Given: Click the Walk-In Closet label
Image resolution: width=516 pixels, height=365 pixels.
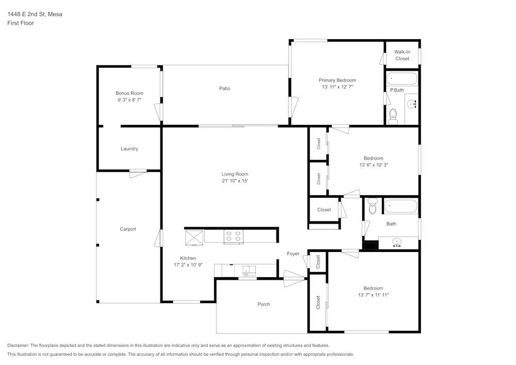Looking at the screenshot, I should coord(402,55).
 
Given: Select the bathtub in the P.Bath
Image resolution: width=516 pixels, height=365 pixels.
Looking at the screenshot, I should coord(402,79).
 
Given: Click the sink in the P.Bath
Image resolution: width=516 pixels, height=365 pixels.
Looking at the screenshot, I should coord(412,105).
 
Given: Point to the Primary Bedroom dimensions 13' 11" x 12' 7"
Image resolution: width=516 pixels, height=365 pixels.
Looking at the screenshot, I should coord(337,87).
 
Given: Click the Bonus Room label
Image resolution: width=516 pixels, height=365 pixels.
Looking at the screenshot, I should coord(129,93).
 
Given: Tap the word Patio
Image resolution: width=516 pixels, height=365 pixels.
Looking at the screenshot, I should coord(224,88).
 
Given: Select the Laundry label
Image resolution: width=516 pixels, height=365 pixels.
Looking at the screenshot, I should coord(129,149).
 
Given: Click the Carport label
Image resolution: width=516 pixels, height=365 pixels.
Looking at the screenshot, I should coord(128,229).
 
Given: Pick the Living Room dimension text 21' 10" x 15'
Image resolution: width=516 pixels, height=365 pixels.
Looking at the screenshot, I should coord(235,181).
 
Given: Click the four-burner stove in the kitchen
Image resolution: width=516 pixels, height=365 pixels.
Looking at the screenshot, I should coord(233,236).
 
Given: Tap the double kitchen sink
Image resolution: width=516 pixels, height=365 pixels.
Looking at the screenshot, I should coord(249,269).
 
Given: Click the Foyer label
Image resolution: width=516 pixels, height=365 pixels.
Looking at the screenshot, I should coord(293,253).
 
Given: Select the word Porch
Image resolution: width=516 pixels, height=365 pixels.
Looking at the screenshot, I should coord(264,304).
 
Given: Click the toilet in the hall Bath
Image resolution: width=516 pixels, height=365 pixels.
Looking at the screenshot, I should coord(373,207).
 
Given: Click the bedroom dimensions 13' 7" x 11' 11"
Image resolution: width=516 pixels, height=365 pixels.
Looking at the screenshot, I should coord(373,295).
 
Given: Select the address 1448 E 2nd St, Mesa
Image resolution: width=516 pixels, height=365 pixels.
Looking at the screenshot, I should coord(35,14).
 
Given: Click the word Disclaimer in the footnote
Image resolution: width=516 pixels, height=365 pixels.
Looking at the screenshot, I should coord(19,345).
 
